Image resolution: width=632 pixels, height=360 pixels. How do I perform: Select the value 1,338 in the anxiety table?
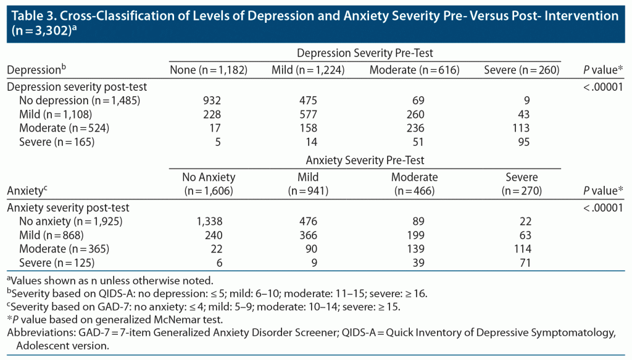[208, 221]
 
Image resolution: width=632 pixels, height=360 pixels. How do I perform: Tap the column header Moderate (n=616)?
[414, 70]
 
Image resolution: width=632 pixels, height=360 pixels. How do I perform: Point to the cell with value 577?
[307, 114]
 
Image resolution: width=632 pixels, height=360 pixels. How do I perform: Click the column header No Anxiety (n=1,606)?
[209, 184]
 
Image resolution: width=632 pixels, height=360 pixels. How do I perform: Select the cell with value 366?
[307, 235]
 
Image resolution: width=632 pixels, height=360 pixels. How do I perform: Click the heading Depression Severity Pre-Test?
[368, 54]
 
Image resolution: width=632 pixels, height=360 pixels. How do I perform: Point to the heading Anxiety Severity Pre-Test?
[368, 161]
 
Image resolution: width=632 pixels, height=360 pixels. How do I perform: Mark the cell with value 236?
[414, 128]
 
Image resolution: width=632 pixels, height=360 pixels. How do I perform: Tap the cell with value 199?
[414, 235]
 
